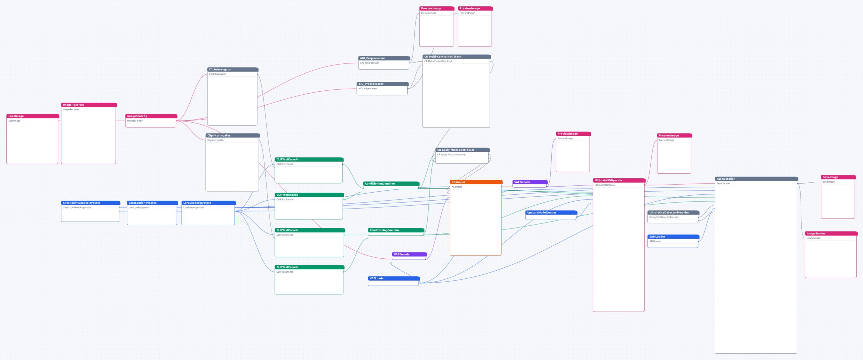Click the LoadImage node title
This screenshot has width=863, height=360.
(x=33, y=116)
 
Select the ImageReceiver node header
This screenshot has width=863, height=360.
(x=89, y=105)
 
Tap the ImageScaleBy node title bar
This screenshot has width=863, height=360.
(x=151, y=116)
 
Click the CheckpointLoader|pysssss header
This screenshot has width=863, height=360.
(x=91, y=203)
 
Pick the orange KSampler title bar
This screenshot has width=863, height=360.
(x=476, y=182)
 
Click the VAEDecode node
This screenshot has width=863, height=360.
(x=530, y=183)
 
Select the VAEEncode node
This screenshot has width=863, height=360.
(x=409, y=256)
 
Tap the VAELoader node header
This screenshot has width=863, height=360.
(x=394, y=278)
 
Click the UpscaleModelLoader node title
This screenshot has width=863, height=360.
(x=551, y=213)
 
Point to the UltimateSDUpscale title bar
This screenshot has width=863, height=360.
(x=619, y=180)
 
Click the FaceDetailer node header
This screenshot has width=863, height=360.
(x=756, y=179)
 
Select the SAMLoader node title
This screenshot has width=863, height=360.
(x=673, y=237)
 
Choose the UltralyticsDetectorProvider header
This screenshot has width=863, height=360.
(x=673, y=213)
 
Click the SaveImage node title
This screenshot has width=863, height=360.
(x=838, y=177)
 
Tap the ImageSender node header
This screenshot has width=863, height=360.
(x=831, y=233)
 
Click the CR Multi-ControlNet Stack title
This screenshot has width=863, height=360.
(x=457, y=57)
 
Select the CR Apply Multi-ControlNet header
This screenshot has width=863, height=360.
(x=462, y=150)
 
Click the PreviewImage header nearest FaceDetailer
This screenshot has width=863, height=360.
(x=674, y=135)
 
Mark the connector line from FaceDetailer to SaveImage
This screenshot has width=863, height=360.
(x=810, y=183)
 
